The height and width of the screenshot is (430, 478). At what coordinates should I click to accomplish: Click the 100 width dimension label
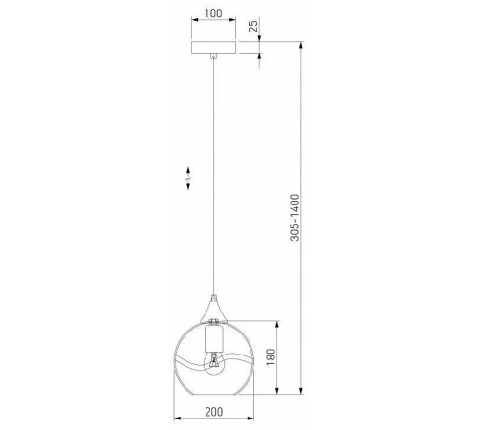(x=212, y=14)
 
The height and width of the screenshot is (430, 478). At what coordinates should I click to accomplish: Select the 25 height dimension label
(x=253, y=27)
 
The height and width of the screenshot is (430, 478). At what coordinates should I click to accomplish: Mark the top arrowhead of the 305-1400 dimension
(x=304, y=43)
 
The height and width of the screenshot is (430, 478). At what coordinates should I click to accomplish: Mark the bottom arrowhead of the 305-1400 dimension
(x=304, y=392)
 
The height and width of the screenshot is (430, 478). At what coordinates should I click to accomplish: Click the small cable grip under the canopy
(x=212, y=57)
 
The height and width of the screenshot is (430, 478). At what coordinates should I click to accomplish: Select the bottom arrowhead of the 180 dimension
(x=278, y=392)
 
